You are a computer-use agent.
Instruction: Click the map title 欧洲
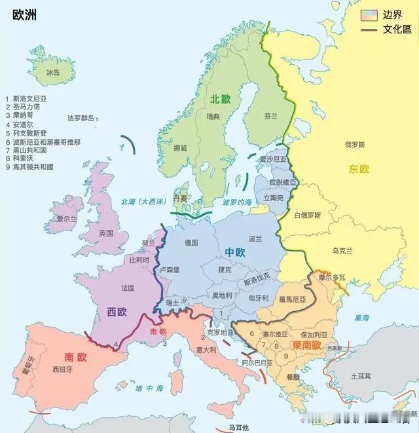pyautogui.click(x=24, y=14)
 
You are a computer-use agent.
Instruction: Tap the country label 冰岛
pyautogui.click(x=53, y=73)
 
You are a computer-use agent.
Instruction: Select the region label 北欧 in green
pyautogui.click(x=220, y=99)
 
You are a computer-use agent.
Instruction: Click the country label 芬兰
pyautogui.click(x=271, y=116)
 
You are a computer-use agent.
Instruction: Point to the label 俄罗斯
pyautogui.click(x=356, y=144)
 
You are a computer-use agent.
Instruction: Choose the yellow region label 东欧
pyautogui.click(x=359, y=169)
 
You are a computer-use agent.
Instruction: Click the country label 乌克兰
pyautogui.click(x=342, y=250)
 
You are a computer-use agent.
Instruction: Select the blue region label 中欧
pyautogui.click(x=235, y=252)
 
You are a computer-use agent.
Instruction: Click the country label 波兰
pyautogui.click(x=255, y=238)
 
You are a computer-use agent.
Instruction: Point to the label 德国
pyautogui.click(x=191, y=242)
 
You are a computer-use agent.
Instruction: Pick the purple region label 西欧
pyautogui.click(x=117, y=312)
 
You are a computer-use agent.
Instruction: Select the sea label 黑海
pyautogui.click(x=361, y=318)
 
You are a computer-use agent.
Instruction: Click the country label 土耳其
pyautogui.click(x=360, y=376)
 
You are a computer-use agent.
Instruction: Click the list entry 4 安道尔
pyautogui.click(x=22, y=124)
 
